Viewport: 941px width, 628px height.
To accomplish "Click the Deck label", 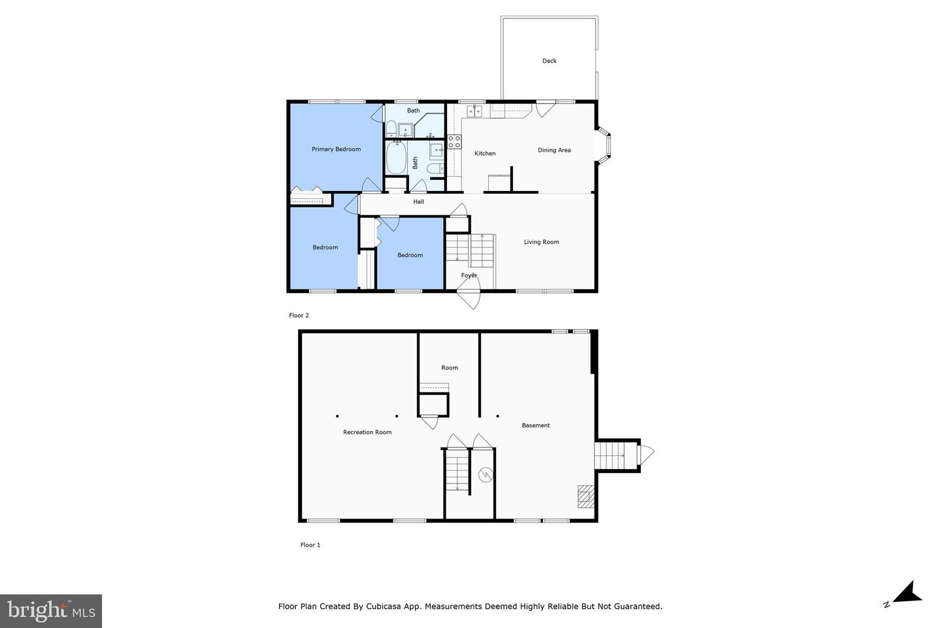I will click(x=549, y=61).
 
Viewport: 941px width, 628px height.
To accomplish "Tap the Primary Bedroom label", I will click(x=336, y=149).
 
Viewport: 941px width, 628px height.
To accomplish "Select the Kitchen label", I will click(x=484, y=153).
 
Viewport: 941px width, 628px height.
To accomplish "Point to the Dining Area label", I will click(x=554, y=150).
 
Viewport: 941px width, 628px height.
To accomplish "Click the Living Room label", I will click(x=541, y=242).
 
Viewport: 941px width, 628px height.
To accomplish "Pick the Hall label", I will click(x=418, y=201).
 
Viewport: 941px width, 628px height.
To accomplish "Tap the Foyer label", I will click(x=469, y=275).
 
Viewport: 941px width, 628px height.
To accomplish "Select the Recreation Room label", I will click(x=367, y=432).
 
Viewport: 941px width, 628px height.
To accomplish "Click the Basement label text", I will click(x=535, y=425).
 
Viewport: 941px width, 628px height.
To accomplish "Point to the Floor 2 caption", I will click(x=299, y=315).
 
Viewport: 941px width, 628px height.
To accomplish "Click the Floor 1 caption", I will click(x=310, y=545).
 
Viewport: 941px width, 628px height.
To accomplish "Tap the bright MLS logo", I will click(x=51, y=611).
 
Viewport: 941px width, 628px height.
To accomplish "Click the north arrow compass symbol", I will click(x=904, y=594).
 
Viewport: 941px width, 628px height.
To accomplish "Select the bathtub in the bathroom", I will click(x=396, y=158).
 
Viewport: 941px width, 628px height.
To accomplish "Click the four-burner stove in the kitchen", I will click(x=454, y=142).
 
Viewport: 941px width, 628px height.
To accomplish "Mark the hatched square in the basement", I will click(x=586, y=497).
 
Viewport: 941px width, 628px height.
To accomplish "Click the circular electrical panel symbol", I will click(x=485, y=475).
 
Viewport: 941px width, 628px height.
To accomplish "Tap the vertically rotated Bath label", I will click(x=415, y=162).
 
